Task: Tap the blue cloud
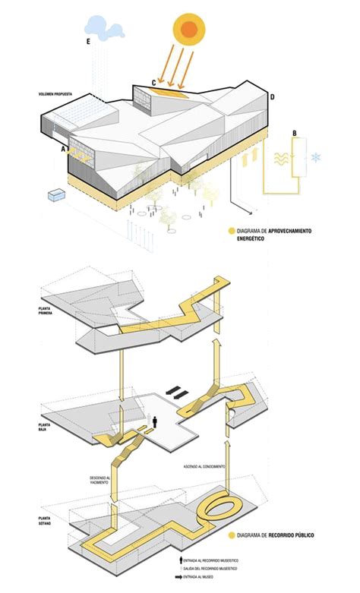point(105,27)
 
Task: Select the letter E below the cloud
point(89,42)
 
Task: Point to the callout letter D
point(272,96)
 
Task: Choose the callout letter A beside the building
point(65,150)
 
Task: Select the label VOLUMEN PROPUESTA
point(56,94)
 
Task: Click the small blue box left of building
point(55,196)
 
